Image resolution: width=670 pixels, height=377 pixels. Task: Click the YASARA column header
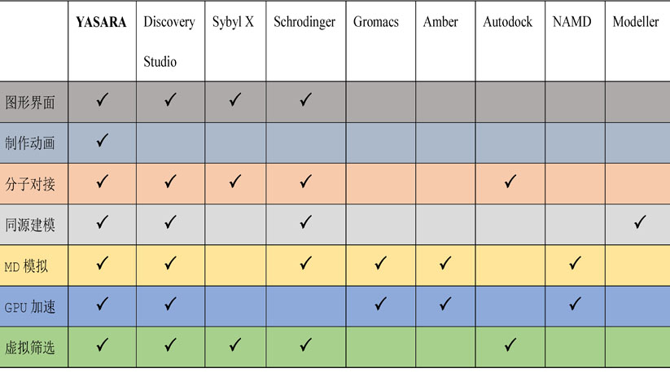pos(101,22)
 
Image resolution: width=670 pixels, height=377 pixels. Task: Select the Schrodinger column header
pos(304,22)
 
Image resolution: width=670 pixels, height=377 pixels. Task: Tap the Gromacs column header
pos(376,22)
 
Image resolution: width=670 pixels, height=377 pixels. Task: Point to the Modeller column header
pos(636,22)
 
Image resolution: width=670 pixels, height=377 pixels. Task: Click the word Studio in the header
pos(160,62)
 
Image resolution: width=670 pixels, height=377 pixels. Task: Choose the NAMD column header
pos(571,22)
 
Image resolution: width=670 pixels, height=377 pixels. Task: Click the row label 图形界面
pos(30,103)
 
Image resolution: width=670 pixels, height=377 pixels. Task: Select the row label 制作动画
pos(30,142)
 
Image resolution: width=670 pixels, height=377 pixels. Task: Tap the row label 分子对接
pos(30,184)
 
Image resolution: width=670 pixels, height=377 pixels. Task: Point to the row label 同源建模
pos(30,225)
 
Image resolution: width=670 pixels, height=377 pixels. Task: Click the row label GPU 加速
pos(30,307)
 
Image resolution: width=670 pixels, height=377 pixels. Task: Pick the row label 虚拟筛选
pos(30,348)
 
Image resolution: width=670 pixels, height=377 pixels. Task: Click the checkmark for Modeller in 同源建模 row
pos(640,222)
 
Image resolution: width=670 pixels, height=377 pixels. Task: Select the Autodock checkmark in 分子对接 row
pos(510,182)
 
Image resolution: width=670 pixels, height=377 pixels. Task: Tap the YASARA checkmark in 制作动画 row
pos(102,140)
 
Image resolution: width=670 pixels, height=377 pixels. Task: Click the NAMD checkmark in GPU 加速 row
pos(575,304)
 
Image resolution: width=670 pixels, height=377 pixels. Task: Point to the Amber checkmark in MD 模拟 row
pos(445,263)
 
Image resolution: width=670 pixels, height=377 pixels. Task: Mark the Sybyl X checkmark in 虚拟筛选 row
pos(235,345)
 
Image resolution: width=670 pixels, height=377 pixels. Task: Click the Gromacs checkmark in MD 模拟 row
pos(380,263)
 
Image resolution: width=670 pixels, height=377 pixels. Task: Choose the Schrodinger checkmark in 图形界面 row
pos(305,99)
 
